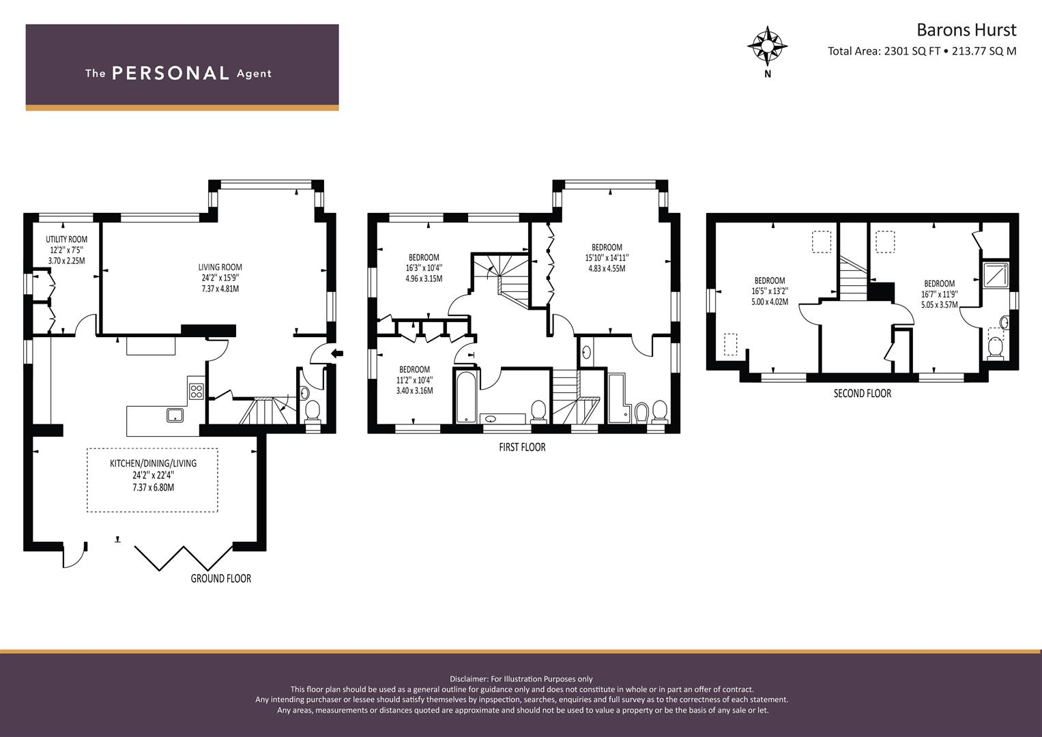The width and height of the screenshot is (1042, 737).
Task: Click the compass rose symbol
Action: click(x=768, y=46)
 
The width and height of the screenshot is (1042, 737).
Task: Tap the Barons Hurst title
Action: click(x=966, y=30)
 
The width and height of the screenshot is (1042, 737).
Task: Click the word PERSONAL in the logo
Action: click(x=171, y=73)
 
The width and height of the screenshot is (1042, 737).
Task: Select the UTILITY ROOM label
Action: click(x=66, y=239)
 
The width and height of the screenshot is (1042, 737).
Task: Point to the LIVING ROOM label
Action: click(x=220, y=267)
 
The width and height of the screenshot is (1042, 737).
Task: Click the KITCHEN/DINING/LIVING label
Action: click(x=153, y=463)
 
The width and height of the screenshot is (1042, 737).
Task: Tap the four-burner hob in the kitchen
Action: click(x=196, y=391)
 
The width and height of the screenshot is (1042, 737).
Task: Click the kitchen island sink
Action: click(x=175, y=415)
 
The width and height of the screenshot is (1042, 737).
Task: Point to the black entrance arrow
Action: click(x=337, y=353)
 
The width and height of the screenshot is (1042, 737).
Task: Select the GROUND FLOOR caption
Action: click(x=221, y=579)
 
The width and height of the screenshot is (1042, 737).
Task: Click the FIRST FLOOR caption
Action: click(x=522, y=447)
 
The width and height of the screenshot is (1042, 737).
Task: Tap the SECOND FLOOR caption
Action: click(x=863, y=393)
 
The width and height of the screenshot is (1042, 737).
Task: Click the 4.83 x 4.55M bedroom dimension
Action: click(x=607, y=268)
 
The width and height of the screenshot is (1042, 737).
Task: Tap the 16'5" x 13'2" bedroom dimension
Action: click(x=770, y=291)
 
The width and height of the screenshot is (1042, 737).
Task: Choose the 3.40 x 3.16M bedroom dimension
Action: click(x=414, y=391)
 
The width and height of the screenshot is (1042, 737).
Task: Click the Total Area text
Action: click(x=922, y=51)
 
